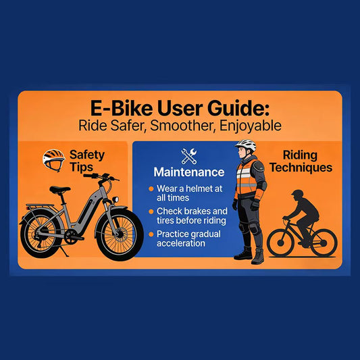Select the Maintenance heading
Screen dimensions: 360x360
(188, 172)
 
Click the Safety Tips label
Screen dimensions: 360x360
(87, 161)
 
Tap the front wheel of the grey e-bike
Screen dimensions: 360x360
(120, 234)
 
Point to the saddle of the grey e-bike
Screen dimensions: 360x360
(59, 190)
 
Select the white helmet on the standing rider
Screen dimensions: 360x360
(245, 145)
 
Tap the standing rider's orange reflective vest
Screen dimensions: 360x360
(247, 177)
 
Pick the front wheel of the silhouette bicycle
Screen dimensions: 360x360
(323, 242)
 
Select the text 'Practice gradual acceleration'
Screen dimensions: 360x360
(187, 238)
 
